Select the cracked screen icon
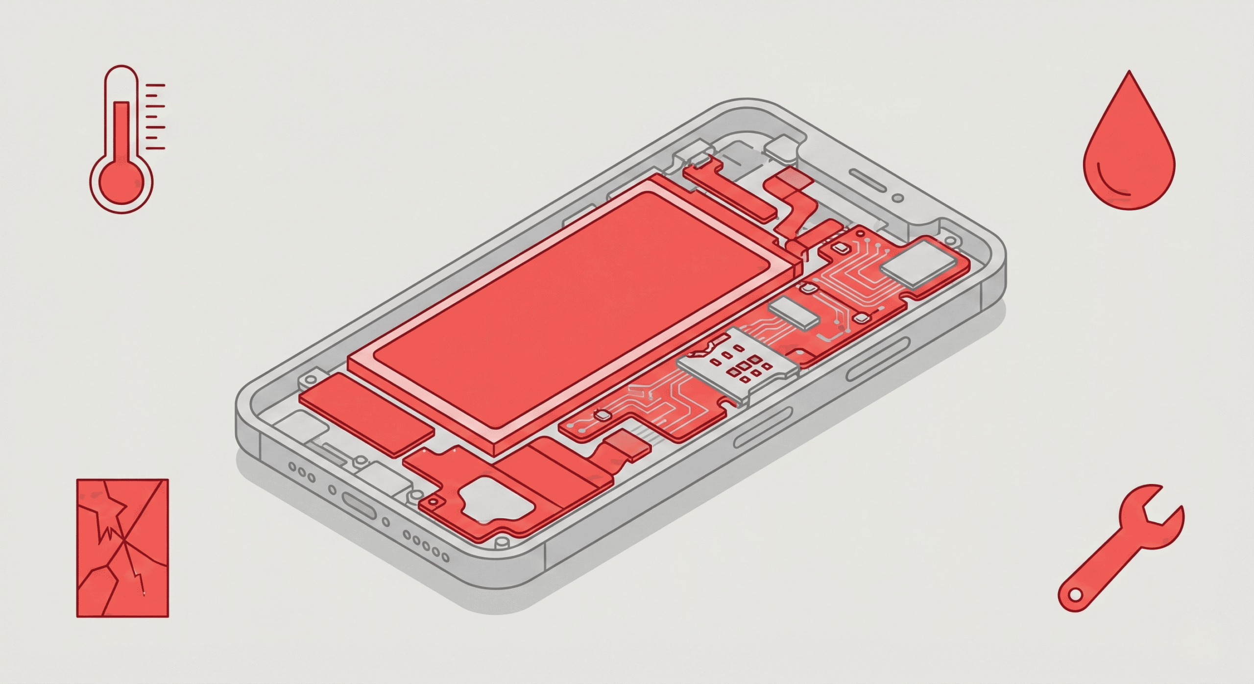[x=122, y=547]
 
